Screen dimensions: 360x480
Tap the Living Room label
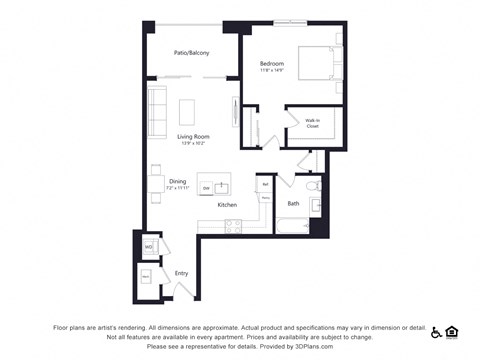[192, 137]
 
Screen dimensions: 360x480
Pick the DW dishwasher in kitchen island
[206, 188]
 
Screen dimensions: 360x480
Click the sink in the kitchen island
[222, 185]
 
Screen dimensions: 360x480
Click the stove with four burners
[233, 225]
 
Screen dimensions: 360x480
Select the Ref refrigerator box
[265, 184]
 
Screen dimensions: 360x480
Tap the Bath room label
[293, 204]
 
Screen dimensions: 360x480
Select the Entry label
[181, 272]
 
